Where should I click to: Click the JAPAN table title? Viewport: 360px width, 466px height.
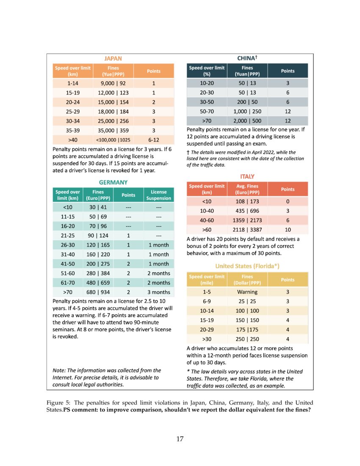point(113,58)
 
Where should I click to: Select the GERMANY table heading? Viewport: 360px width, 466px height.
point(113,182)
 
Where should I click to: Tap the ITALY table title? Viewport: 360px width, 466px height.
point(247,176)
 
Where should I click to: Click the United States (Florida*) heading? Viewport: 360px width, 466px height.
point(247,266)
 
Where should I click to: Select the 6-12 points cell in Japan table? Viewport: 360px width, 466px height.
point(153,139)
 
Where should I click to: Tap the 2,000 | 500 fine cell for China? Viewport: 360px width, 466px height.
point(247,121)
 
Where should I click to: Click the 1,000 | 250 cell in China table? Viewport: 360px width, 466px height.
point(247,111)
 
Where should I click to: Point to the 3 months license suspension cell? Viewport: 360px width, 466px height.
point(159,292)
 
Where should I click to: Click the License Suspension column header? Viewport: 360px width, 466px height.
point(159,195)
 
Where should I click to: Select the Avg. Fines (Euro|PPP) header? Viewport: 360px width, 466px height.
point(247,189)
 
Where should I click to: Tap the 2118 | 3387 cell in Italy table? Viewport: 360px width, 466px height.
point(247,230)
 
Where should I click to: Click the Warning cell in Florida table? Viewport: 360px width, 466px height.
point(247,292)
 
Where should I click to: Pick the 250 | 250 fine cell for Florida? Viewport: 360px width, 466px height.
point(247,339)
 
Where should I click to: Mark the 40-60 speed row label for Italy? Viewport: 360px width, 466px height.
point(207,220)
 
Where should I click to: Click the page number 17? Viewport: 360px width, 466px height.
point(180,438)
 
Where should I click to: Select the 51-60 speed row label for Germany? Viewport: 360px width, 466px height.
point(67,273)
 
